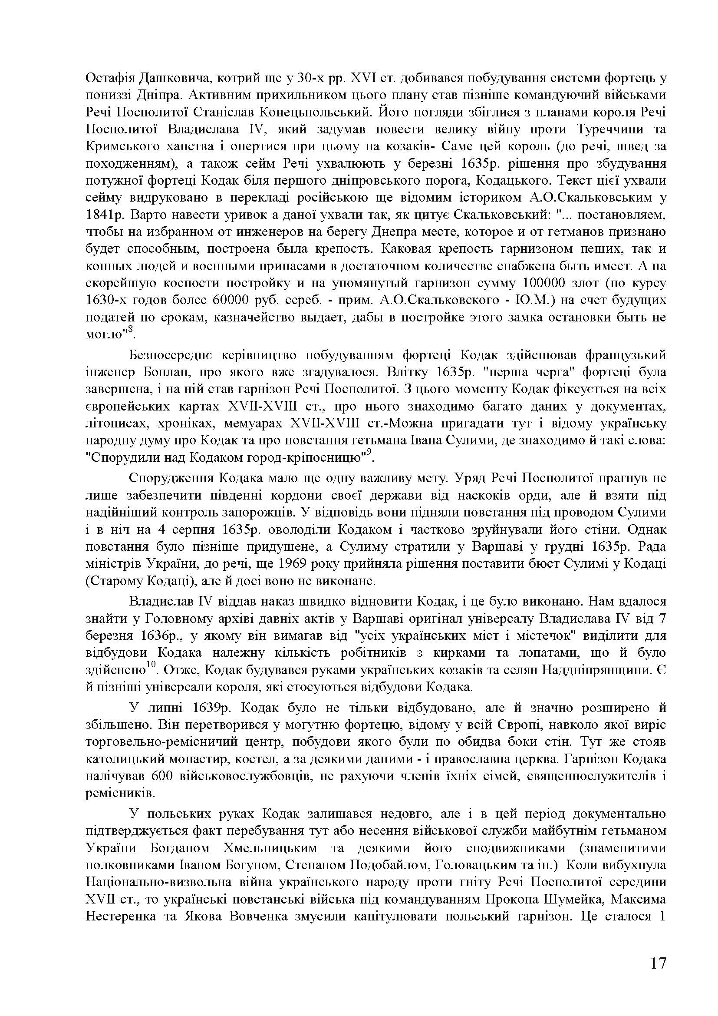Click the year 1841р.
click(103, 215)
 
